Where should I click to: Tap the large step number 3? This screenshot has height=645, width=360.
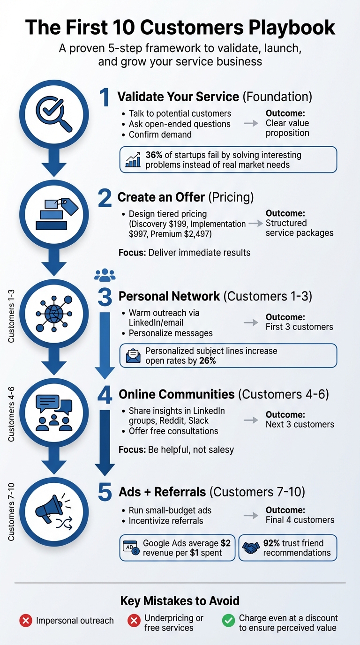[105, 297]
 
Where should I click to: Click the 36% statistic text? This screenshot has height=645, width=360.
[154, 155]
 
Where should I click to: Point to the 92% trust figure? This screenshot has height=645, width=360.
[272, 543]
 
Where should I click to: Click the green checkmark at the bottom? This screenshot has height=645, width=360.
[228, 621]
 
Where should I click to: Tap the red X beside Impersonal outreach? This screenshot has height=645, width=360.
[25, 621]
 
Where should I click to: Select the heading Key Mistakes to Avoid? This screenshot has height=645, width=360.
[180, 600]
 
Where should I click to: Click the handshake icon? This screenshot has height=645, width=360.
[251, 548]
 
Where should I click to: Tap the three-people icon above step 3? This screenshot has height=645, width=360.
[105, 275]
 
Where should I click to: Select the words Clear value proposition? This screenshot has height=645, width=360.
[287, 128]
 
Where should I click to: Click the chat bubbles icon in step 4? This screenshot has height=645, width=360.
[53, 412]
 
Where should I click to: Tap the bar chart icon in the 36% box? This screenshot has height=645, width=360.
[133, 160]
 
